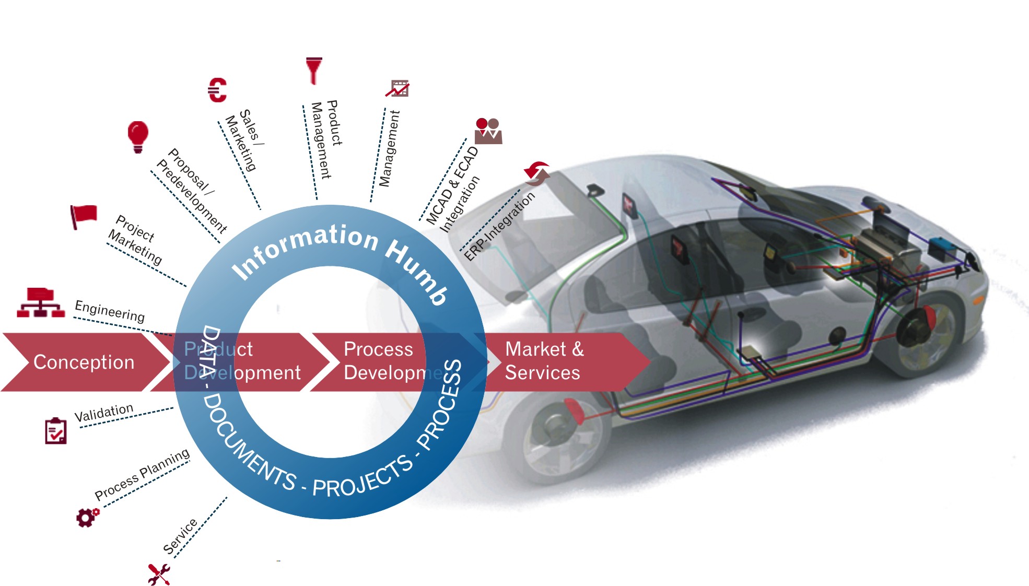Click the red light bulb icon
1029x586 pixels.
pyautogui.click(x=138, y=136)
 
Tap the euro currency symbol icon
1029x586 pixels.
pyautogui.click(x=217, y=90)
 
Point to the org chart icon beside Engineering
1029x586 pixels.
pyautogui.click(x=41, y=302)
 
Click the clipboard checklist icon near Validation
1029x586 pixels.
pyautogui.click(x=55, y=431)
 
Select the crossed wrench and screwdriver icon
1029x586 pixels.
pyautogui.click(x=159, y=574)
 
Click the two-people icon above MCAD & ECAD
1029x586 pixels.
pyautogui.click(x=488, y=131)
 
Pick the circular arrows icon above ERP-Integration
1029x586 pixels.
pyautogui.click(x=537, y=173)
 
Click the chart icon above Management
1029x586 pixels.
pyautogui.click(x=398, y=89)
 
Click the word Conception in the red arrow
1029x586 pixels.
pyautogui.click(x=84, y=362)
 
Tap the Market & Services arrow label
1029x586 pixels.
pyautogui.click(x=543, y=361)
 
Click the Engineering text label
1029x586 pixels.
pyautogui.click(x=110, y=311)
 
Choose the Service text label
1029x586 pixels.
pyautogui.click(x=180, y=536)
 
